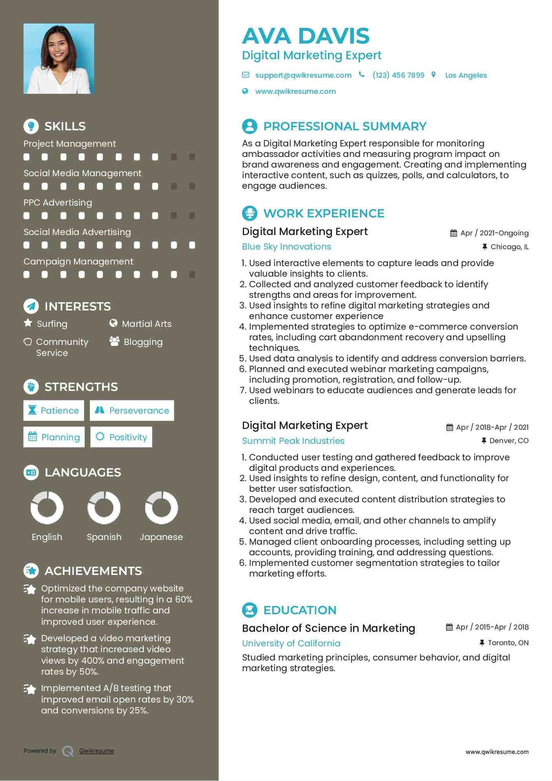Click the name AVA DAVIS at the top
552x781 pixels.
[306, 36]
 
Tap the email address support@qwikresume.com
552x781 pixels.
[303, 75]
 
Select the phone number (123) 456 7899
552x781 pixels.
[398, 75]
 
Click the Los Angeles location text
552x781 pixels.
[466, 75]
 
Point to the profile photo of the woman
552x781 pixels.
[59, 59]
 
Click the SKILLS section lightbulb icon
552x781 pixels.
[31, 126]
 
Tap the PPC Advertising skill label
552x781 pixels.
[58, 203]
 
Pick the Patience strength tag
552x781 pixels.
[54, 411]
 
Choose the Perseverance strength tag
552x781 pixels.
[132, 411]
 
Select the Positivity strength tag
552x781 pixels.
[121, 437]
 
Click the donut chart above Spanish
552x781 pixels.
[104, 508]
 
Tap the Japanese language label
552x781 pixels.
[161, 537]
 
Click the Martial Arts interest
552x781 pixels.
[146, 324]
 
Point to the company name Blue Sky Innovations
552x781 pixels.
[286, 246]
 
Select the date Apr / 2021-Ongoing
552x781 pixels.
[494, 233]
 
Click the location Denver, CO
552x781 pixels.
[509, 441]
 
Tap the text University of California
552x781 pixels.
[291, 643]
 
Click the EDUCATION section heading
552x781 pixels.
[300, 610]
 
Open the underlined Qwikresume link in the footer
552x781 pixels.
[97, 751]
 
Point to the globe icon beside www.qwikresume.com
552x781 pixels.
[245, 91]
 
